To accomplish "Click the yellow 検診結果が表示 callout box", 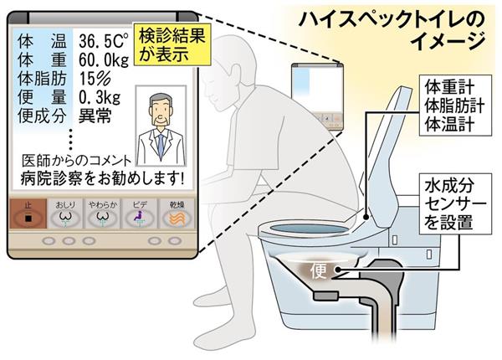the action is click(x=172, y=44).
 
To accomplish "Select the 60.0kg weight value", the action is click(x=104, y=59).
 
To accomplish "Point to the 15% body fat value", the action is click(x=95, y=78).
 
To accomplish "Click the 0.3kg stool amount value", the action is click(x=100, y=97).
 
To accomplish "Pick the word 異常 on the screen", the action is click(x=95, y=116).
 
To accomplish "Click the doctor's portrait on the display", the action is click(x=161, y=126).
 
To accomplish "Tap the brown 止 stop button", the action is click(x=28, y=213).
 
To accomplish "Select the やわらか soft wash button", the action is click(x=102, y=213).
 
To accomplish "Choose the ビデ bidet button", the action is click(x=139, y=213).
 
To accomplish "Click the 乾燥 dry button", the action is click(x=177, y=213).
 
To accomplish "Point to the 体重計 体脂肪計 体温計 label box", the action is click(x=455, y=105).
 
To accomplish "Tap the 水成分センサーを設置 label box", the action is click(x=455, y=203).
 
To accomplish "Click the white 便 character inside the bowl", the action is click(x=318, y=271).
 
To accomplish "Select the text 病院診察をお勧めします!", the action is click(x=102, y=178).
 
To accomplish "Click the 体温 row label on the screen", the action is click(x=42, y=41).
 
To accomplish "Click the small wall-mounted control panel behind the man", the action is click(x=317, y=96).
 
